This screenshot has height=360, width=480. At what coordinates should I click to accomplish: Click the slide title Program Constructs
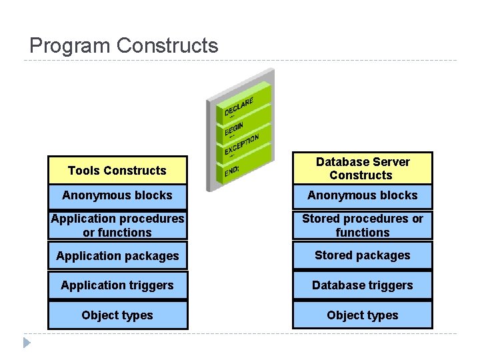click(x=124, y=45)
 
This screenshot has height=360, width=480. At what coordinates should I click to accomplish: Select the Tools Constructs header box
click(x=117, y=171)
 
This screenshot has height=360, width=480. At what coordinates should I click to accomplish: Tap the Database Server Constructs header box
click(x=363, y=169)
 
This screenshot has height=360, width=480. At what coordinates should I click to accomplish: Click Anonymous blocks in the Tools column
click(x=117, y=195)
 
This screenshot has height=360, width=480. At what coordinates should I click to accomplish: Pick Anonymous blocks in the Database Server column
click(x=363, y=195)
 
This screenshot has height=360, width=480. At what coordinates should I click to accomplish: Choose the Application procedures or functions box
click(x=117, y=225)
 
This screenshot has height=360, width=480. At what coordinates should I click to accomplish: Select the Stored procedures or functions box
click(x=363, y=225)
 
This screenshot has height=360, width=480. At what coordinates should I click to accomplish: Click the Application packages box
click(x=117, y=256)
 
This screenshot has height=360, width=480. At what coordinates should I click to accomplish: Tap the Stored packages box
click(x=363, y=255)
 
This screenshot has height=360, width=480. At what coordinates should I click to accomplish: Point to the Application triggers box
click(x=117, y=285)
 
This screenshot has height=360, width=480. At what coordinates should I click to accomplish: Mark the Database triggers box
click(x=363, y=285)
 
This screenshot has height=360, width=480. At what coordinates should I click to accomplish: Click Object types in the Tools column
click(x=117, y=315)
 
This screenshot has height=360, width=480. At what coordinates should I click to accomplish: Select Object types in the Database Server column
click(x=363, y=315)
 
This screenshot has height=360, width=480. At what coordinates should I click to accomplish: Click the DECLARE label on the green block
click(x=239, y=107)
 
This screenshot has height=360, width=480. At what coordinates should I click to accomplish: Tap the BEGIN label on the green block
click(x=233, y=127)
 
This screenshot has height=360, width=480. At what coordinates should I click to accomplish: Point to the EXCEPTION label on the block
click(x=241, y=145)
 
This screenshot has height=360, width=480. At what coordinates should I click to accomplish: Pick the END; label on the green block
click(x=232, y=172)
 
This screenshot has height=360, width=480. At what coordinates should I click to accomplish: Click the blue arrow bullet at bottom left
click(x=26, y=343)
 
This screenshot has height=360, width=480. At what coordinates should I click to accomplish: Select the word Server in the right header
click(x=392, y=162)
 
